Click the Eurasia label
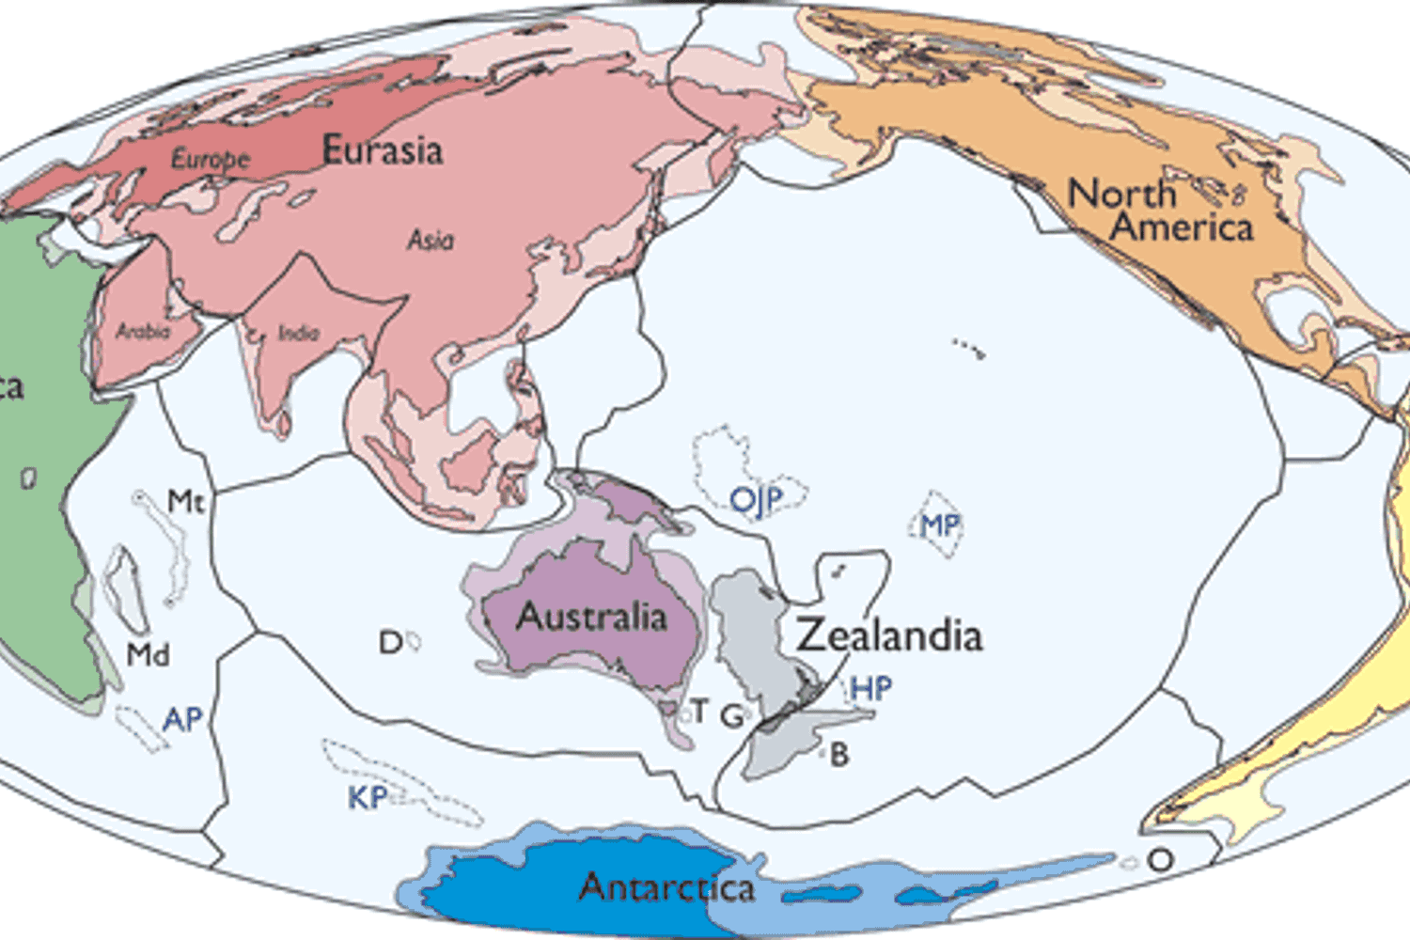coord(382,150)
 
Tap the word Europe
coord(210,158)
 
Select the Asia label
coord(430,241)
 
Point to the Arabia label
coord(143,332)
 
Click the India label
coord(298,334)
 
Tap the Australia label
coord(591,617)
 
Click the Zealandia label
coord(889,635)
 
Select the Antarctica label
coord(666,887)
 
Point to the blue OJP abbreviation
coord(756,500)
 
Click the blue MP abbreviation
coord(939,525)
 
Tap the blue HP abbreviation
coord(870,689)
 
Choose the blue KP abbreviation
coord(367,798)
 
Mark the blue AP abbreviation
coord(182,720)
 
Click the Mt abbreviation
coord(185,501)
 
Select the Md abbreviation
coord(149,654)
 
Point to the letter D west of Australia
coord(390,643)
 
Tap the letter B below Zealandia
coord(839,754)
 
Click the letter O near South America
coord(1161,860)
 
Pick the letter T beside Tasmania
coord(699,712)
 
